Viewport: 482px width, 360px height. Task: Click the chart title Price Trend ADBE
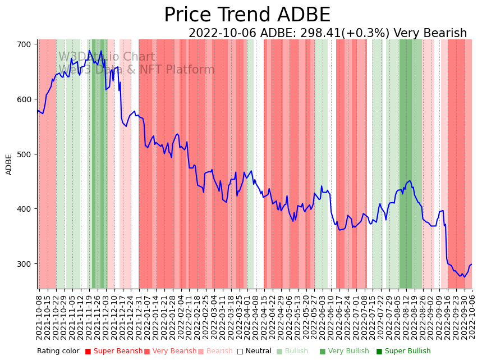247,15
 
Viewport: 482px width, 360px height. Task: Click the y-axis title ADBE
9,165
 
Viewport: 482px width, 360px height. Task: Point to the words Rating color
58,352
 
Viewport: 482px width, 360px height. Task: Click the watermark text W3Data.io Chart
107,57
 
